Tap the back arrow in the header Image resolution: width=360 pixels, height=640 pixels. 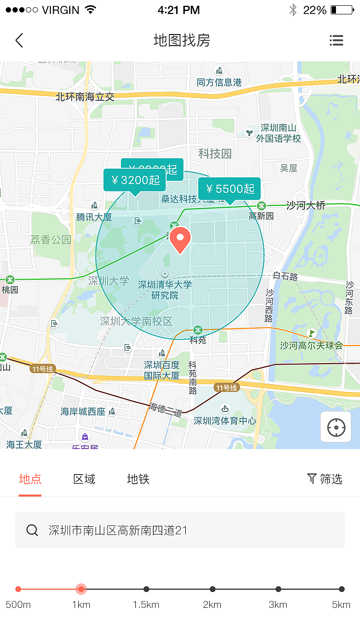tap(19, 40)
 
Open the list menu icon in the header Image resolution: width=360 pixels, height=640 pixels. tap(336, 40)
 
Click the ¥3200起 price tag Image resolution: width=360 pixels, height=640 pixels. tap(135, 180)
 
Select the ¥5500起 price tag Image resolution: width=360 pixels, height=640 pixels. tap(229, 189)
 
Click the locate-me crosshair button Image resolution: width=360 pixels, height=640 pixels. tap(336, 427)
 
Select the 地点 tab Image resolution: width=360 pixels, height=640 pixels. tap(30, 479)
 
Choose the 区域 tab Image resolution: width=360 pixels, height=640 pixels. tap(84, 479)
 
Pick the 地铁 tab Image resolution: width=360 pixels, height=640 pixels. tap(138, 479)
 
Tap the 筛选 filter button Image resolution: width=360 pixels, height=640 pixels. tap(325, 479)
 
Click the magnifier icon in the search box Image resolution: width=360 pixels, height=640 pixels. tap(32, 530)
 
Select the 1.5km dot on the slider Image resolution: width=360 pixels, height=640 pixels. tap(146, 589)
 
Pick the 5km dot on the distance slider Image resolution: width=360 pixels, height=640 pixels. tap(342, 589)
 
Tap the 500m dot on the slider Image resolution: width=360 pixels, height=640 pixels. tap(18, 589)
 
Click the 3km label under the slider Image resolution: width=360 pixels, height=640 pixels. tap(278, 604)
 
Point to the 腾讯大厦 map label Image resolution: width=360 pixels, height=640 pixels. tap(94, 217)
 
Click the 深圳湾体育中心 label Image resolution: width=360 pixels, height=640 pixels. tap(225, 421)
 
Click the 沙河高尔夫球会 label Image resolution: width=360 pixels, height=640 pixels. tap(312, 345)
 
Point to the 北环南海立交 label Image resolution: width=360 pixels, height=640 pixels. tap(85, 96)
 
